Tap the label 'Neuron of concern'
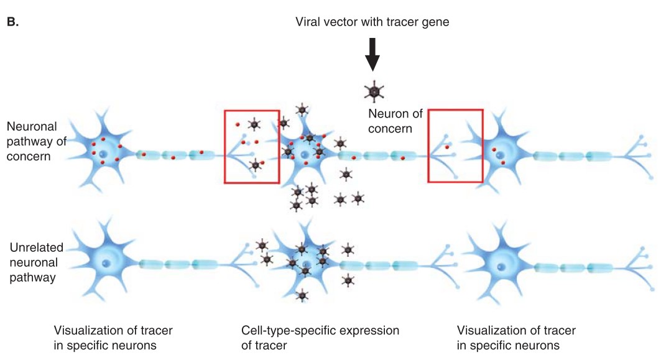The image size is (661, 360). click(x=395, y=121)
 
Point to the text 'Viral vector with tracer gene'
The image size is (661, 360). click(x=372, y=22)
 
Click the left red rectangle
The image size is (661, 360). click(x=252, y=147)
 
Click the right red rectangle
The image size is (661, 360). click(x=455, y=146)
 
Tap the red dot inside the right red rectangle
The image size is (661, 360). click(x=446, y=147)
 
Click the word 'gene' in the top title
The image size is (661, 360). click(x=437, y=22)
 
